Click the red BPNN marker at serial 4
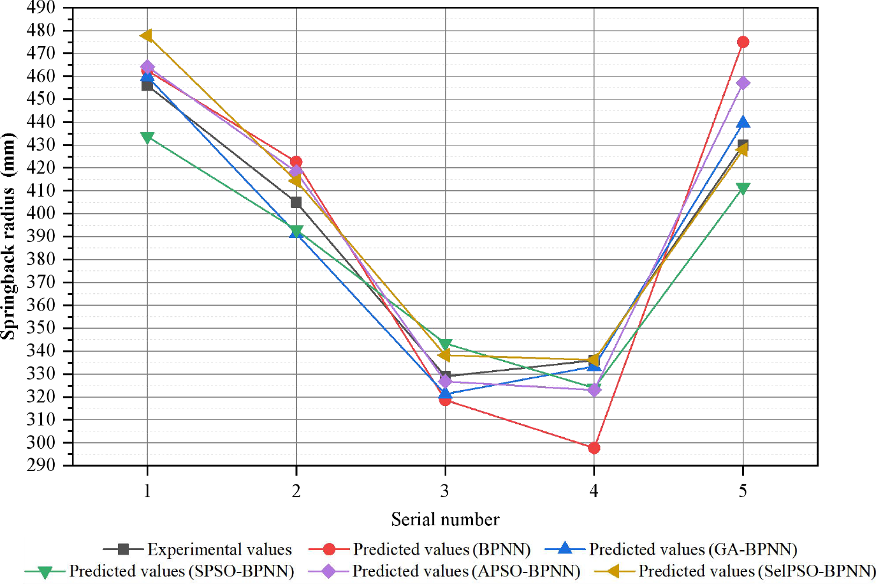pos(594,448)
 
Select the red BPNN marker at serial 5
pos(743,42)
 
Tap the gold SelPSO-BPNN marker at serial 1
pos(147,36)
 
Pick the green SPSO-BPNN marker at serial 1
pos(147,137)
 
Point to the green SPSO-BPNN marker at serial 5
pos(743,188)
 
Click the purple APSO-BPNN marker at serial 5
pos(743,83)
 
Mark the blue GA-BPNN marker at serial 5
pos(743,122)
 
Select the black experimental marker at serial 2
pos(296,202)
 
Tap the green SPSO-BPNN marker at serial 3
pos(445,345)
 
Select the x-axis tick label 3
pos(445,491)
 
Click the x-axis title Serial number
pos(445,520)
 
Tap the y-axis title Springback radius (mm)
pos(8,236)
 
